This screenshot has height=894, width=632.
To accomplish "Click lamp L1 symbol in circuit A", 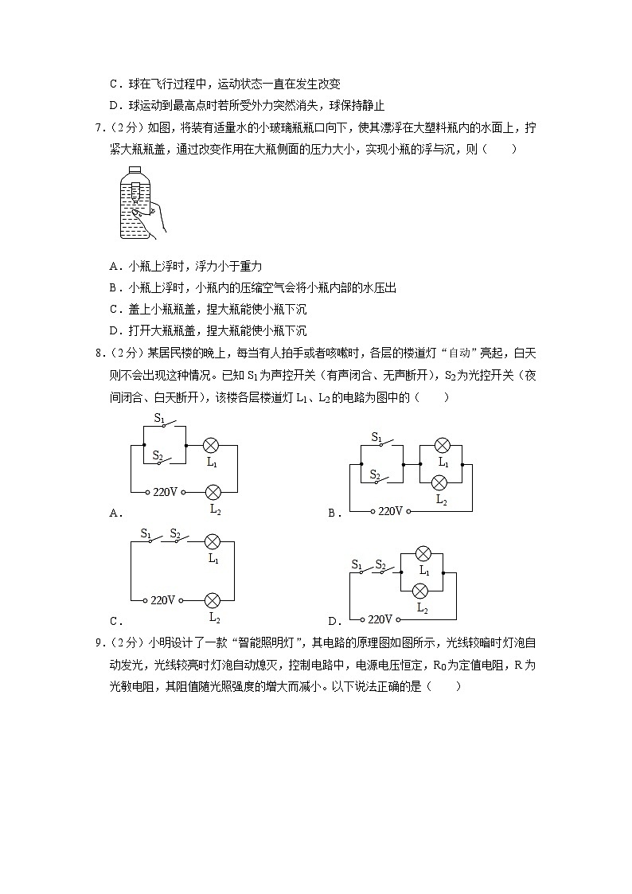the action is click(x=212, y=445).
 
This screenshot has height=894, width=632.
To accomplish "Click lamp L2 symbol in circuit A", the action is click(x=213, y=492).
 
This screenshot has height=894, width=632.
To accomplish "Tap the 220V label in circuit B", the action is click(x=390, y=510).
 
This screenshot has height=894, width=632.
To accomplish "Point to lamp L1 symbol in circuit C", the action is click(x=213, y=541).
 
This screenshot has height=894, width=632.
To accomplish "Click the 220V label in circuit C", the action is click(x=162, y=599).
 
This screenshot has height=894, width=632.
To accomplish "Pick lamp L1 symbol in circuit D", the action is click(x=424, y=554).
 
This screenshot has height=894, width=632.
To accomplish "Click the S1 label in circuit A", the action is click(x=158, y=417).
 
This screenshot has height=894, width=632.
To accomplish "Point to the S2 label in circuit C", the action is click(x=174, y=533).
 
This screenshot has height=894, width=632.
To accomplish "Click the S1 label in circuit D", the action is click(x=357, y=564).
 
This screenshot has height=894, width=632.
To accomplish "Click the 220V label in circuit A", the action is click(x=163, y=492).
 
